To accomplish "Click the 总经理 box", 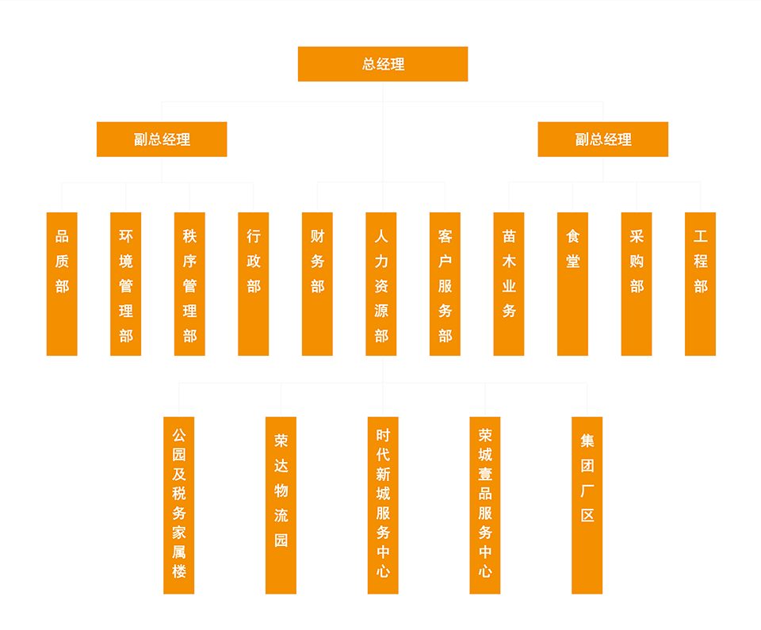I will click(x=383, y=64).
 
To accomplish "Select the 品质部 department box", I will click(x=62, y=284).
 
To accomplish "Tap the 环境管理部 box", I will click(x=126, y=284).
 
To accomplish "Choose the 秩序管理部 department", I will click(x=189, y=284).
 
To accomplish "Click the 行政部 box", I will click(x=254, y=284).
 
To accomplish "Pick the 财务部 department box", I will click(x=317, y=284).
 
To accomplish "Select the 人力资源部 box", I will click(x=381, y=284).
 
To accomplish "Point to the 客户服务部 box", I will click(x=445, y=284).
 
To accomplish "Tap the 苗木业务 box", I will click(x=509, y=284).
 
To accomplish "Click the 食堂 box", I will click(x=572, y=284).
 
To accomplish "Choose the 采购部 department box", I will click(x=637, y=284).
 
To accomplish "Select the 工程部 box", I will click(x=700, y=284).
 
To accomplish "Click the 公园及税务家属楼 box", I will click(x=179, y=505).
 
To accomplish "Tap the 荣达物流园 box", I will click(x=281, y=505).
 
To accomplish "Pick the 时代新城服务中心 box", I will click(x=383, y=505).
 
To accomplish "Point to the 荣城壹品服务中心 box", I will click(x=485, y=505).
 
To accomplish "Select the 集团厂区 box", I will click(x=587, y=505).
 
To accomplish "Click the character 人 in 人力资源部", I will click(x=381, y=236).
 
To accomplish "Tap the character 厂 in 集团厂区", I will click(x=587, y=491).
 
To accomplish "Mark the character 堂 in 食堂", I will click(x=573, y=262).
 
